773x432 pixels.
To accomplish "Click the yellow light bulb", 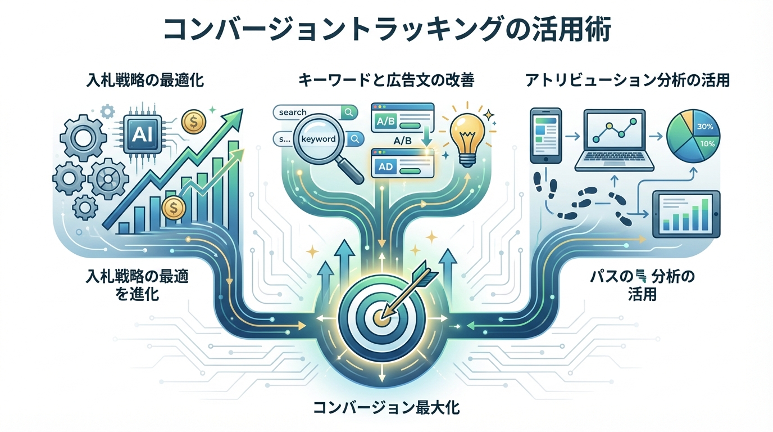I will pyautogui.click(x=467, y=135).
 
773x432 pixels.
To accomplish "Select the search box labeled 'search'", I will pyautogui.click(x=315, y=112).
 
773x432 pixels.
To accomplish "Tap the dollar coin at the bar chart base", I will pyautogui.click(x=172, y=208).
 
